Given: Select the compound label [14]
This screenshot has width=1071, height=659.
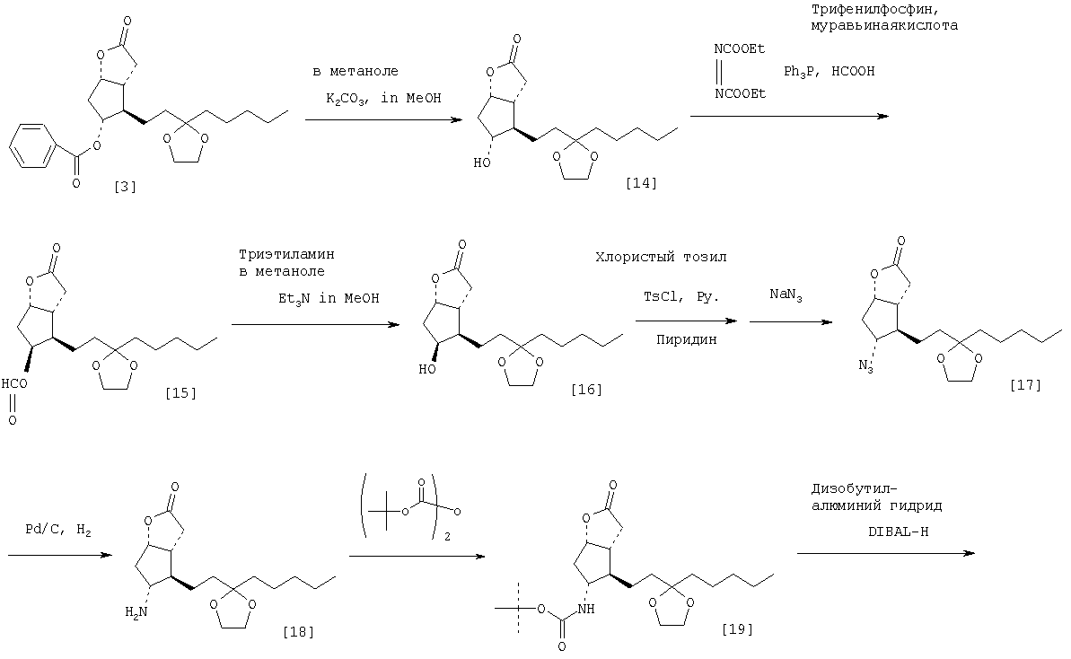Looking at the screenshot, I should (x=641, y=183).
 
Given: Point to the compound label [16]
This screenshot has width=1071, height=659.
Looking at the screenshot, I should (x=585, y=389).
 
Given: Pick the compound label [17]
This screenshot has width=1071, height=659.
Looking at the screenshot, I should (x=1024, y=385).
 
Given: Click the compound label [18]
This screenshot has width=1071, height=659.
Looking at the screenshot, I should (x=297, y=631).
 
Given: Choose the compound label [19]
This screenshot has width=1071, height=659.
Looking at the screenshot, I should (x=736, y=628).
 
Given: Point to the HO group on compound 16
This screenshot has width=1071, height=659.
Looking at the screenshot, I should (x=433, y=369).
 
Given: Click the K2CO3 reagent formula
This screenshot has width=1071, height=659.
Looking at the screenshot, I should (x=347, y=98).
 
